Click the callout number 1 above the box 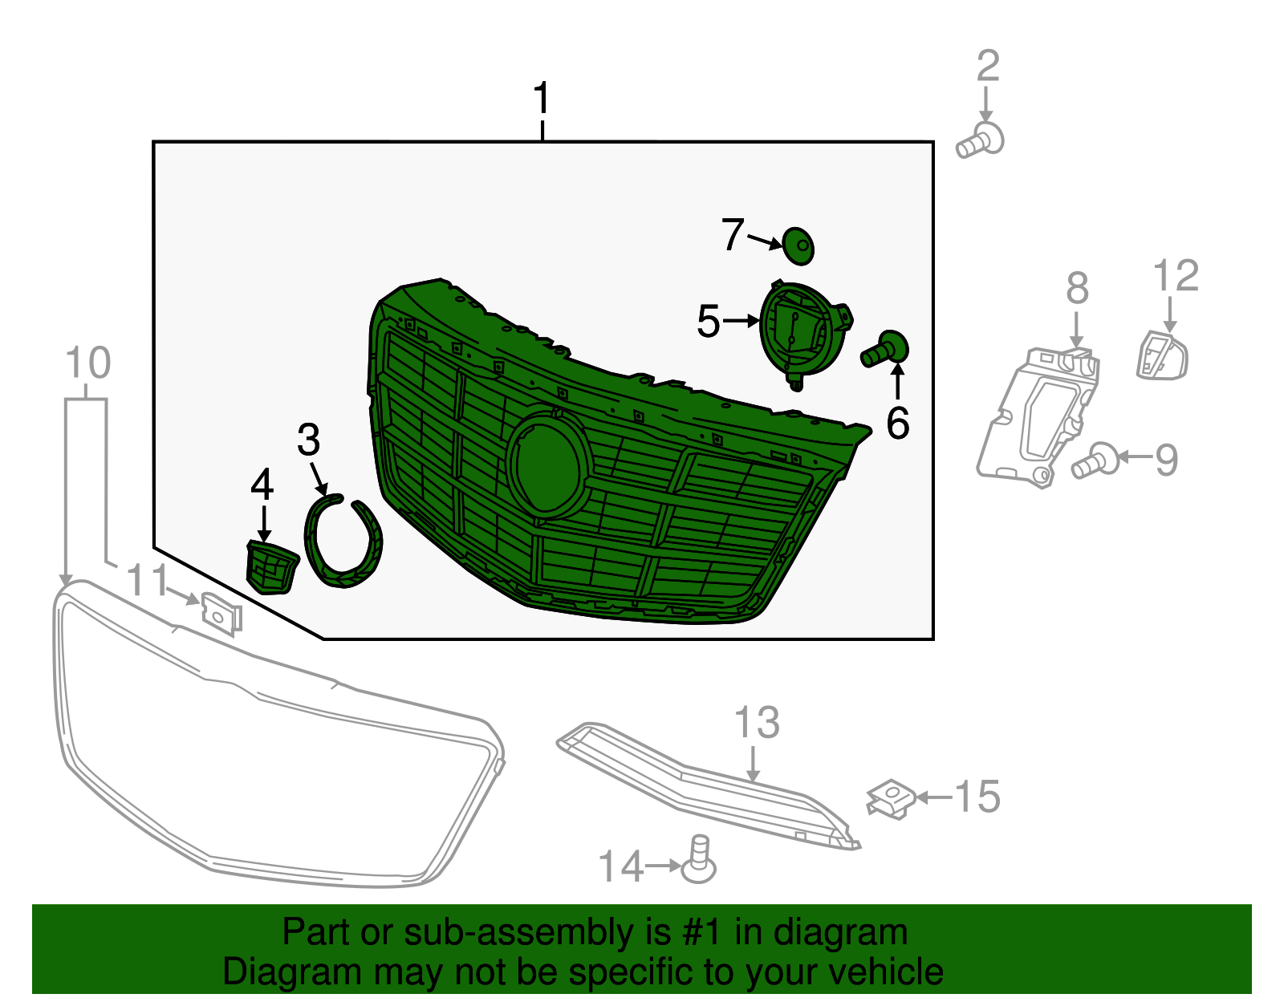(x=542, y=99)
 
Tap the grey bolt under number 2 (x=981, y=141)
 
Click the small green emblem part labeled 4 (x=270, y=566)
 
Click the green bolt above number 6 (x=886, y=351)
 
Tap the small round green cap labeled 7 (x=798, y=245)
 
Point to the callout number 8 (x=1077, y=288)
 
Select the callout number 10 (x=87, y=363)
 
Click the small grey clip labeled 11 (x=221, y=614)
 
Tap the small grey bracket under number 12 (x=1161, y=355)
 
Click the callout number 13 (x=757, y=723)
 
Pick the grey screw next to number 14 (x=699, y=860)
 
